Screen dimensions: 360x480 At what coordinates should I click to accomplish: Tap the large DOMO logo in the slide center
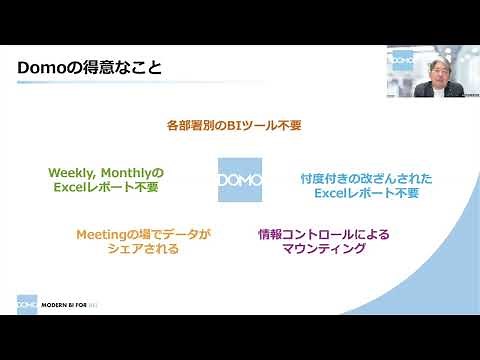[240, 180]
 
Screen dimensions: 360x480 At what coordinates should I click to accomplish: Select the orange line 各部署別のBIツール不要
[233, 127]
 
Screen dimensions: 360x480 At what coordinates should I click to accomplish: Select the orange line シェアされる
[143, 250]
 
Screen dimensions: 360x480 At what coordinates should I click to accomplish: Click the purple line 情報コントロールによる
[323, 234]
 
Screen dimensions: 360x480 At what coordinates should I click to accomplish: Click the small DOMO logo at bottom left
[27, 305]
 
